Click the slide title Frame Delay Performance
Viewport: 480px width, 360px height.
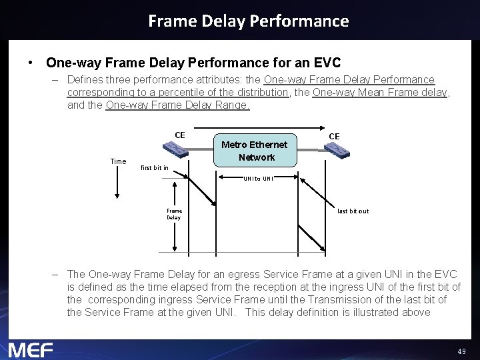click(248, 21)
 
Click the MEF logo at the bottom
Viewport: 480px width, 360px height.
click(31, 349)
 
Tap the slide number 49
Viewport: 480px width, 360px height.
click(461, 351)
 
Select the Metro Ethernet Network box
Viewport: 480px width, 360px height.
click(254, 151)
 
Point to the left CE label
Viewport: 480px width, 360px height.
click(180, 135)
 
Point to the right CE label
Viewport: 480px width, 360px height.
click(334, 136)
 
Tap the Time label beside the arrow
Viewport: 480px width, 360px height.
click(118, 161)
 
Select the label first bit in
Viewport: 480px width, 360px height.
click(155, 168)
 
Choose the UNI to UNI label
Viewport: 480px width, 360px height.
click(258, 179)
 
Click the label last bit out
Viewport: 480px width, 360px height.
click(353, 211)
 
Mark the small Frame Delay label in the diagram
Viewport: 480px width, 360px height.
click(173, 214)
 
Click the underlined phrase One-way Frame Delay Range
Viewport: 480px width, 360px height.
click(177, 105)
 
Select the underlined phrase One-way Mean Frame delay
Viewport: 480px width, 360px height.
click(380, 93)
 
